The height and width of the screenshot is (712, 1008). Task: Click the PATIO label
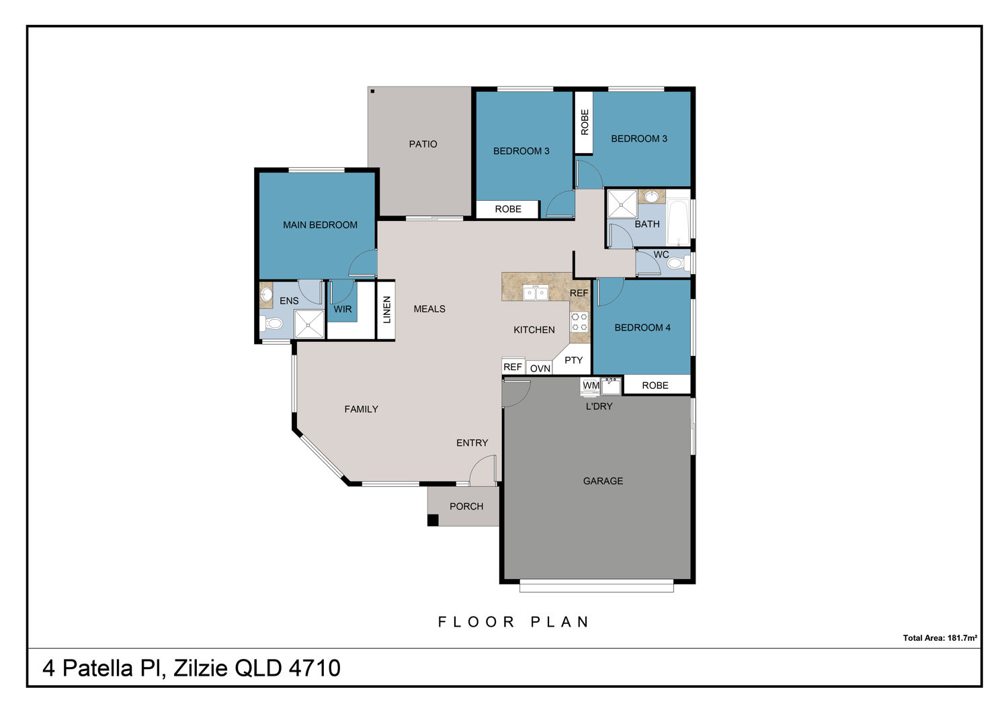(423, 144)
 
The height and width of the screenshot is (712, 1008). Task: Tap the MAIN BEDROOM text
(320, 225)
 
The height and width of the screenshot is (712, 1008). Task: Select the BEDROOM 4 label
(642, 327)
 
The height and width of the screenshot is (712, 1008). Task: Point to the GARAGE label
(603, 481)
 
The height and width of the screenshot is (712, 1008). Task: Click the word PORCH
(466, 506)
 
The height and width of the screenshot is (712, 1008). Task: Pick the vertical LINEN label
(386, 310)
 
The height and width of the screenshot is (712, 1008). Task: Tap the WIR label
(343, 309)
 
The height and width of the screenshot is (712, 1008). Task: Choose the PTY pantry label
(573, 360)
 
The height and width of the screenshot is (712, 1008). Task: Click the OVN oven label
(540, 368)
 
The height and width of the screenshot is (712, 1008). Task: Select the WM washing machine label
(591, 386)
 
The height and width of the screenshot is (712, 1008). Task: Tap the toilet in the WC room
(678, 263)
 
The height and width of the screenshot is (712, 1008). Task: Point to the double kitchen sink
(535, 293)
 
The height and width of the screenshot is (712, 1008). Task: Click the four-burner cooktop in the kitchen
(579, 322)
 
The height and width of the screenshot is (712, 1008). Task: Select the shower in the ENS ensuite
(308, 324)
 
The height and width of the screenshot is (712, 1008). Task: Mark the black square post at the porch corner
(433, 521)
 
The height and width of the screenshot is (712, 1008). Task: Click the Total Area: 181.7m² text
(939, 637)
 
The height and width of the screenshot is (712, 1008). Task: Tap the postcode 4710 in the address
(314, 668)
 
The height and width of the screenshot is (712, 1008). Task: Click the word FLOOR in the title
(476, 622)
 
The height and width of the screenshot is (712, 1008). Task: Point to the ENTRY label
(472, 443)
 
